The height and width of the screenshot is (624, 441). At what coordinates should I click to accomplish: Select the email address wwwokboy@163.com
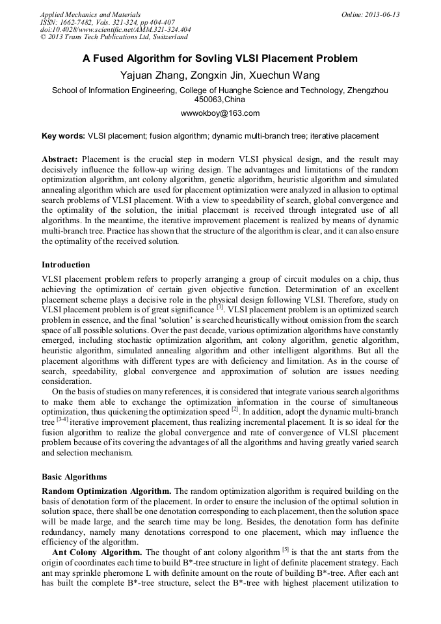point(220,113)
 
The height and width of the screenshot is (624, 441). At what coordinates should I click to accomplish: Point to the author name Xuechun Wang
point(287,75)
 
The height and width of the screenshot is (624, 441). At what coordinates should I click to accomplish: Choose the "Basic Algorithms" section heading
point(74,476)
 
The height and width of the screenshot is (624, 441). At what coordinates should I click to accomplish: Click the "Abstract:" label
point(60,159)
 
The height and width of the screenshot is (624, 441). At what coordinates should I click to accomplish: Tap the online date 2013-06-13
point(382,14)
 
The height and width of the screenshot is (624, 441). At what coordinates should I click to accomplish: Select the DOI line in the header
point(115,29)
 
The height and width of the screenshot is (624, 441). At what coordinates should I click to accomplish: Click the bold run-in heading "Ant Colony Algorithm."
point(91,552)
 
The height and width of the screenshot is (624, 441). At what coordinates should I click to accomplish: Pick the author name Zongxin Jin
point(220,75)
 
